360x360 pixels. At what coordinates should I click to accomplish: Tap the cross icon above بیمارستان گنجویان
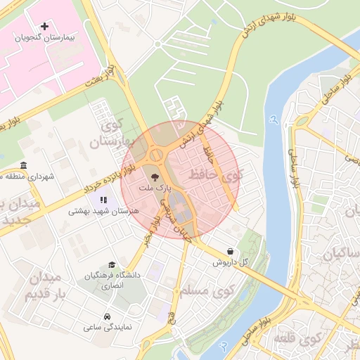(x=46, y=26)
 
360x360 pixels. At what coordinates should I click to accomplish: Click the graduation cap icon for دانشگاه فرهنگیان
(x=112, y=265)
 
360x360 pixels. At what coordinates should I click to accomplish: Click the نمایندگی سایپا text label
(x=104, y=328)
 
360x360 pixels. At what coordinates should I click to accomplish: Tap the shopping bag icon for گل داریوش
(x=231, y=251)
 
